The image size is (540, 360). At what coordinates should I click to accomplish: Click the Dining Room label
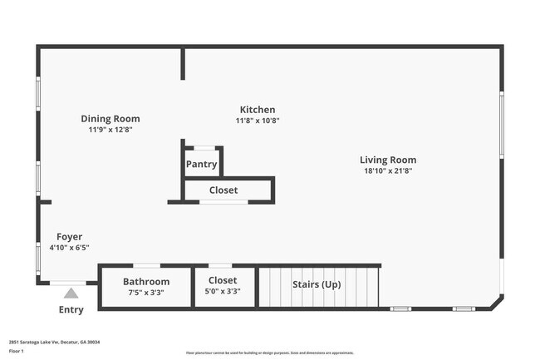110,119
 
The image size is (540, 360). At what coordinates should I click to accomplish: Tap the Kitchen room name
257,110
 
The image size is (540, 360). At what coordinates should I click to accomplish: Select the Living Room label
387,160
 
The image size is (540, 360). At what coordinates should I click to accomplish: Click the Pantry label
201,164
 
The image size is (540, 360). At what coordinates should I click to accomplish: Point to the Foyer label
69,236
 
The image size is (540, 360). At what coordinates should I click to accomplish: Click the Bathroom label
146,282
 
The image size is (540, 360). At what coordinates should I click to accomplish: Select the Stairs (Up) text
317,284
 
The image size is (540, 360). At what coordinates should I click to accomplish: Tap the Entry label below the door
71,310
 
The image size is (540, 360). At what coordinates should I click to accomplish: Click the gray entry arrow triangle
71,293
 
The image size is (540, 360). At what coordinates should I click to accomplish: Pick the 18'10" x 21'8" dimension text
387,170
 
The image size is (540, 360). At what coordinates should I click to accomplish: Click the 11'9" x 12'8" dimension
110,130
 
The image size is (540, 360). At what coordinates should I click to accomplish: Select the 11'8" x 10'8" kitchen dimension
257,121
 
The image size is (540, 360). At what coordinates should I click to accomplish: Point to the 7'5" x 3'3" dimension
146,293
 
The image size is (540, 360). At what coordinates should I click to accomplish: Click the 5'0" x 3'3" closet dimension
222,292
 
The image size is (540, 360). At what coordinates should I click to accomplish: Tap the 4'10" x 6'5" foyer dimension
69,247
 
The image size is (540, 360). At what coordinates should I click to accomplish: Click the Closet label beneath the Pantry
223,190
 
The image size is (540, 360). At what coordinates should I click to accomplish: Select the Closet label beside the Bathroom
222,280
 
